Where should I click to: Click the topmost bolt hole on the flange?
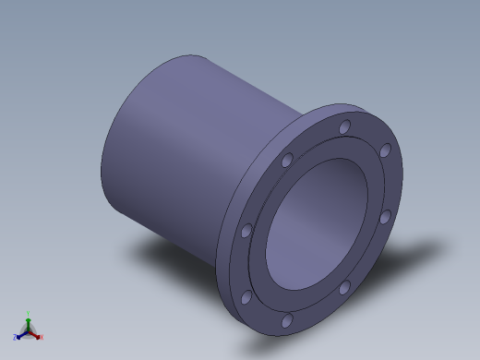coord(345,127)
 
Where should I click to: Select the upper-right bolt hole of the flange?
coord(385,150)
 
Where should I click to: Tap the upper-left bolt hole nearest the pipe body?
coord(287,161)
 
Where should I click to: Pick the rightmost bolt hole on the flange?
coord(385,218)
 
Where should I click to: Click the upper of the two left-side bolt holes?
coord(246,231)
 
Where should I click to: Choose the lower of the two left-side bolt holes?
coord(246,297)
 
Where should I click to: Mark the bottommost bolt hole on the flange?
coord(287,320)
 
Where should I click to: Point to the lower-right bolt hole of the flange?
coord(344,288)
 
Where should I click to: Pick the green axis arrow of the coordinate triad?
coord(28,317)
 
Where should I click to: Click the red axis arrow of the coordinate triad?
coord(39,337)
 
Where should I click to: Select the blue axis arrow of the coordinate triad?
coord(18,337)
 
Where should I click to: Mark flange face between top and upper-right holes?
coord(367,135)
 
